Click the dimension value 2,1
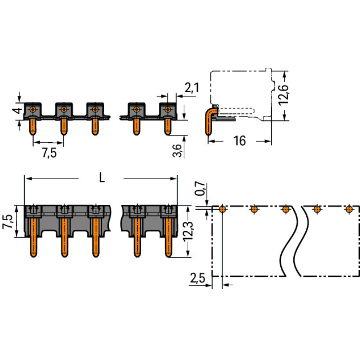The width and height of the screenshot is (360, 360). tap(192, 87)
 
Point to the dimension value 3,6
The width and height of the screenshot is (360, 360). tap(177, 150)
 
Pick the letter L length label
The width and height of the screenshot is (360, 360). tap(101, 178)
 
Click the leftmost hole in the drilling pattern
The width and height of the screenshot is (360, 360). tap(223, 209)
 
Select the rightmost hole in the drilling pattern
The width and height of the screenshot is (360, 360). tap(349, 209)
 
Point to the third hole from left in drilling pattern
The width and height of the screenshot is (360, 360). tap(286, 209)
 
